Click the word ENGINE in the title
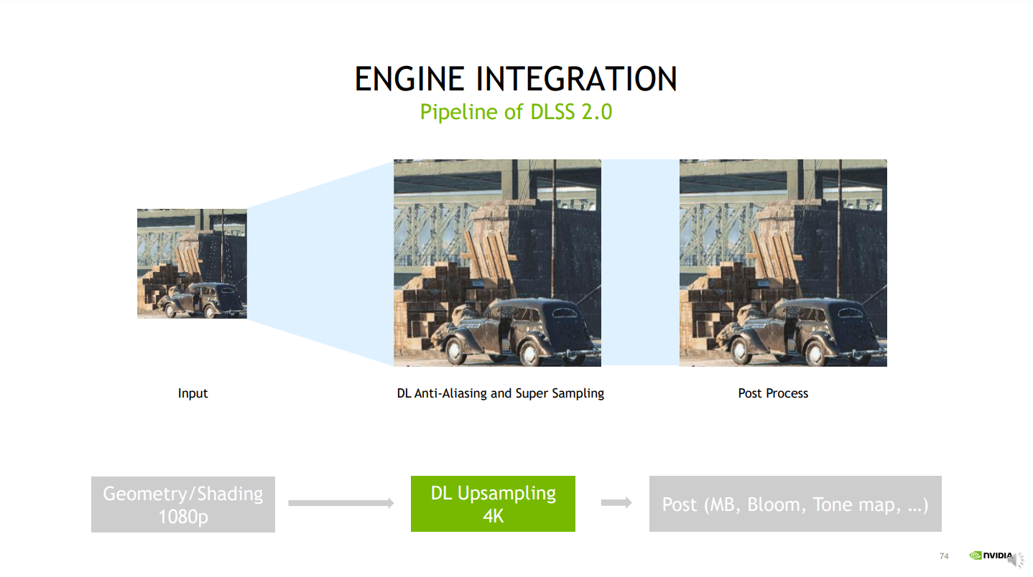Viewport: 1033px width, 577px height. tap(409, 79)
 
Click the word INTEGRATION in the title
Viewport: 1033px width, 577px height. tap(576, 79)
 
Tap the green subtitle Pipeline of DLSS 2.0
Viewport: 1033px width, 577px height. tap(516, 112)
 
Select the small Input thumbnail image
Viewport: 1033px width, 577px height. tap(192, 263)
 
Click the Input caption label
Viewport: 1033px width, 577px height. tap(193, 393)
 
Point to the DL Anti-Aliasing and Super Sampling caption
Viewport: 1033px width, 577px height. tap(501, 393)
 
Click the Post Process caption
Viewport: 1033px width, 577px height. tap(773, 393)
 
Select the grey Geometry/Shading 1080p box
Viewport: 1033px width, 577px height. tap(183, 505)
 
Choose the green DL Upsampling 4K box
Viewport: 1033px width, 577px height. tap(493, 504)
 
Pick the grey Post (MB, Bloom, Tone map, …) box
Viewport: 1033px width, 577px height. tap(795, 504)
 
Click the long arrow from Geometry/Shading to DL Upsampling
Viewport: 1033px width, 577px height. tap(341, 503)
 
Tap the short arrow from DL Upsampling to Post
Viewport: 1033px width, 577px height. tap(616, 502)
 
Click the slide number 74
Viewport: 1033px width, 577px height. tap(944, 556)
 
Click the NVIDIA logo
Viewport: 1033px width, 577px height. tap(991, 555)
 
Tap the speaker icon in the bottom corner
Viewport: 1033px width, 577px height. tap(1014, 560)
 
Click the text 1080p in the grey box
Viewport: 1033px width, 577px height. tap(183, 517)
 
